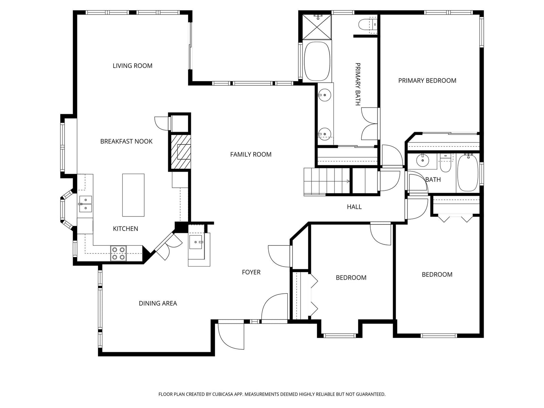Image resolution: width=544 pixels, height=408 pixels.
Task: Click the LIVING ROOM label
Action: (132, 66)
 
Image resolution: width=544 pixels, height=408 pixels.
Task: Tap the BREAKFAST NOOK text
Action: (126, 141)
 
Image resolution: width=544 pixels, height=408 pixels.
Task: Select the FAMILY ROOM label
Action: (251, 155)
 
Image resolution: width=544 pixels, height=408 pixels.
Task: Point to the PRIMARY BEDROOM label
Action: (427, 81)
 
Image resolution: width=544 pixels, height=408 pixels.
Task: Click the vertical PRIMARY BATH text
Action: (357, 84)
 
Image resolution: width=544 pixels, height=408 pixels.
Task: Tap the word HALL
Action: (354, 207)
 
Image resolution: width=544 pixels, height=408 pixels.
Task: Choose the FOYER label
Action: (251, 272)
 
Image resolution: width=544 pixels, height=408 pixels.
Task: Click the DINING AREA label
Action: (158, 304)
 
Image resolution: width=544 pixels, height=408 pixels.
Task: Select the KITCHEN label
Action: (125, 228)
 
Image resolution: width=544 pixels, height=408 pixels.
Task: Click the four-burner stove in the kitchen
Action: (118, 253)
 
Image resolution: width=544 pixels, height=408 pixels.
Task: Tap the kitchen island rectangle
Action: (133, 195)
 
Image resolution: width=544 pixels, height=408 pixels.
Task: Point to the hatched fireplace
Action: (181, 152)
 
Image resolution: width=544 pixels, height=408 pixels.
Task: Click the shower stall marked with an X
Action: (317, 27)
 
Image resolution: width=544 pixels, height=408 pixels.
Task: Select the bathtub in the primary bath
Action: (317, 61)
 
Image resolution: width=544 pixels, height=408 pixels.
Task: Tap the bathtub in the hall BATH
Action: (468, 172)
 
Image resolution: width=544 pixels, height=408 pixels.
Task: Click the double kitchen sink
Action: (85, 204)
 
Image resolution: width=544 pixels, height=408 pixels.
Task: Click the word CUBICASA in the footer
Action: (223, 394)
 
